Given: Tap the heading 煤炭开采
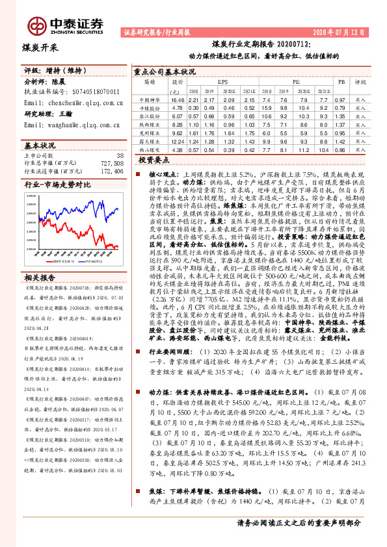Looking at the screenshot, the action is coord(40,47).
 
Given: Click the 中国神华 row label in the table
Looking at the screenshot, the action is coord(150,100).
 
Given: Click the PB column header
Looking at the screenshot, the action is coord(340,83).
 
